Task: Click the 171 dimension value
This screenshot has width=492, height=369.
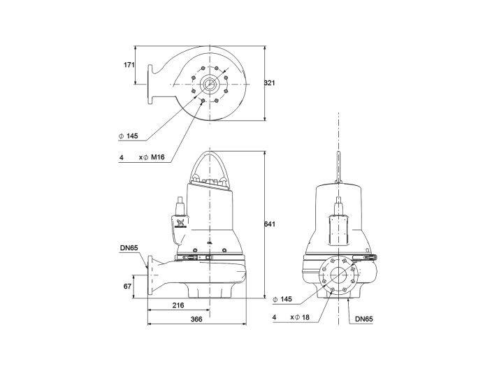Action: (128, 65)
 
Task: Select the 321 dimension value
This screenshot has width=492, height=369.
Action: (270, 83)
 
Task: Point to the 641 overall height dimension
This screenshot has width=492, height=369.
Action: (270, 224)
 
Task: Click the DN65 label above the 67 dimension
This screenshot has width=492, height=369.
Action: (129, 248)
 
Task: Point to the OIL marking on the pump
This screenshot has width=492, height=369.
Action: (209, 241)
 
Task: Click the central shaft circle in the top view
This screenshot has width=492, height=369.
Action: (209, 85)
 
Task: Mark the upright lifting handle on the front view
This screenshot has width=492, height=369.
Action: (339, 168)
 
